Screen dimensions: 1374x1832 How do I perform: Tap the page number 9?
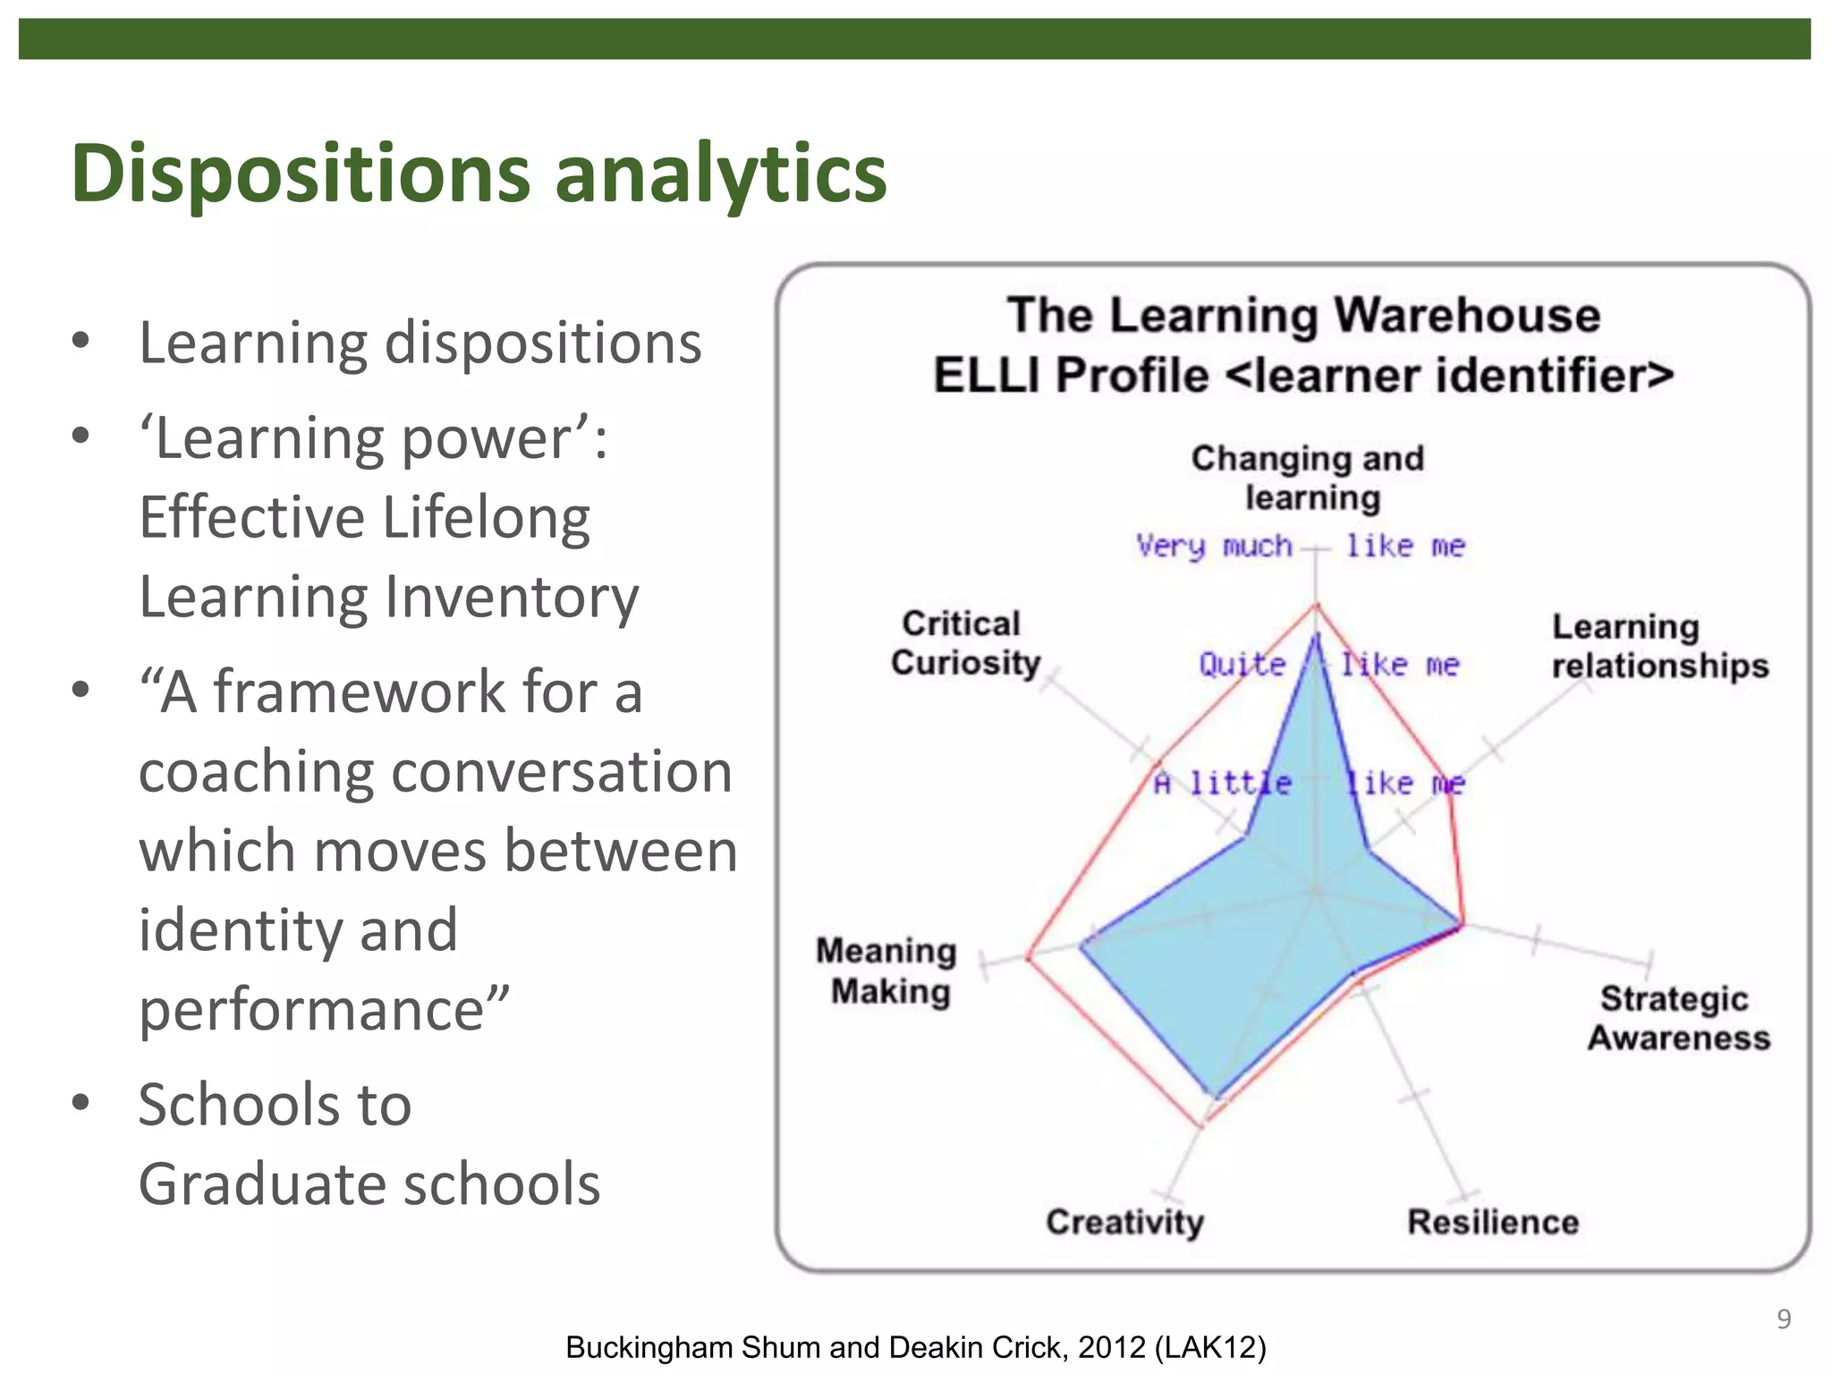pos(1783,1319)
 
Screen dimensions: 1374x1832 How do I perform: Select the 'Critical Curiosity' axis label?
pos(965,643)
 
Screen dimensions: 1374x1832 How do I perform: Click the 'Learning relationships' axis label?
pos(1659,646)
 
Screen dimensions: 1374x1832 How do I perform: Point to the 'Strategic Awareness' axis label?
pos(1678,1018)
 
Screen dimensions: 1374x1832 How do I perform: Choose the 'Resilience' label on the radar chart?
pos(1492,1222)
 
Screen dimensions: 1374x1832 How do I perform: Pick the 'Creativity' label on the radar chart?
pos(1124,1222)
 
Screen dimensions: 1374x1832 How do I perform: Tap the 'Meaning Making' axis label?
pos(886,971)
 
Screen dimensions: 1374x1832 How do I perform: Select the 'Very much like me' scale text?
pos(1300,546)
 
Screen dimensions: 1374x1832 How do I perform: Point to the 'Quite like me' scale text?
pos(1328,665)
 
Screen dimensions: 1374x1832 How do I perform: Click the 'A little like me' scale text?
pos(1309,784)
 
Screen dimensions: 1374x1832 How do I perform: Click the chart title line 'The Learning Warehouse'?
pos(1303,316)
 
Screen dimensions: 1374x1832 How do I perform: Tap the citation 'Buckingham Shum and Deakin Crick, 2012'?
pos(915,1347)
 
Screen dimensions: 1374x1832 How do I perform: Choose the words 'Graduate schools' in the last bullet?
pos(369,1183)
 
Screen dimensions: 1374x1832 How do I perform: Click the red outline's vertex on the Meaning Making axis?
pos(1029,957)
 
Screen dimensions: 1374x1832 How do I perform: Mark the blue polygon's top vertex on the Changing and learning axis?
pos(1315,635)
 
